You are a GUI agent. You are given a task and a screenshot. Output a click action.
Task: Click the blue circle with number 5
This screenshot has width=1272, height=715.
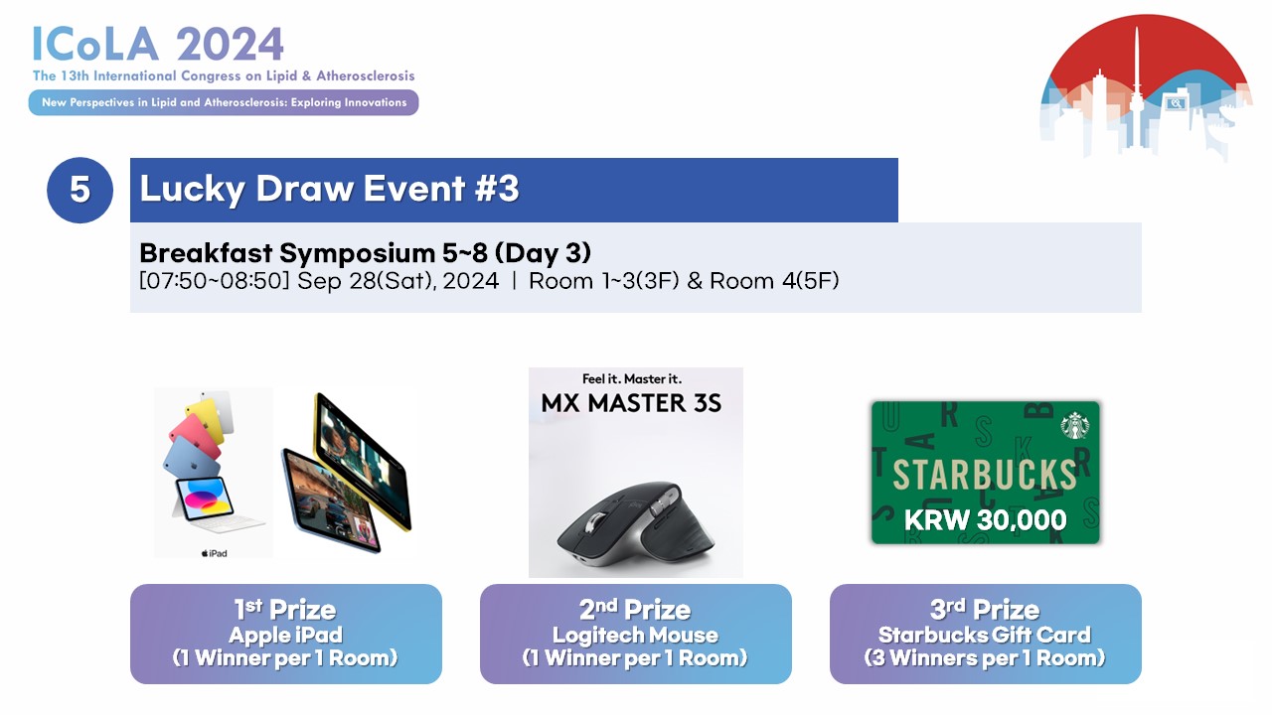click(79, 190)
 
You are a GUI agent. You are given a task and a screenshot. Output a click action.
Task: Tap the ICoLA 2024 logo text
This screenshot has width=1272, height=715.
click(158, 45)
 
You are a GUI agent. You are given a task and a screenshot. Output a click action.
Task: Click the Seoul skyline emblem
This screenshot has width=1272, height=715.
click(1146, 86)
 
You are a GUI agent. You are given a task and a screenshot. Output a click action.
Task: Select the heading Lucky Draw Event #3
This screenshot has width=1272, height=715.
click(329, 189)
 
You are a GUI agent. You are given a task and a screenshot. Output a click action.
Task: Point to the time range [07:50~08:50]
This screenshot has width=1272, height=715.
click(214, 281)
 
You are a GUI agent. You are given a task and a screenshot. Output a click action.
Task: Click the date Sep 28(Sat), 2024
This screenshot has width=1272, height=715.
click(398, 281)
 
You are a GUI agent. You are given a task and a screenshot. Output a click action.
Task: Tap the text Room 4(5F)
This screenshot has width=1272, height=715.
click(774, 281)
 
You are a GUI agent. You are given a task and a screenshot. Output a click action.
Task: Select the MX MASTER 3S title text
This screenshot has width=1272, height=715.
click(631, 403)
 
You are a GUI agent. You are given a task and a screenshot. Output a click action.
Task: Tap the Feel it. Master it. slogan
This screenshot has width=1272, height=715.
click(631, 378)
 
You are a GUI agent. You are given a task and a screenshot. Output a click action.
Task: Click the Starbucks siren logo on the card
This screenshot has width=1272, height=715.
click(1075, 426)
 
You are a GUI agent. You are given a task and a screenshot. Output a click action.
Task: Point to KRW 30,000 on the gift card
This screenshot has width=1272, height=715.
click(985, 519)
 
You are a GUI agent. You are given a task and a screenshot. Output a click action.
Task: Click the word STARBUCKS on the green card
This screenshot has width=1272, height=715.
click(985, 475)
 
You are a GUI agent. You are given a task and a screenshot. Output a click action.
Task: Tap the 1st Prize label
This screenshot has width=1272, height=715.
click(285, 610)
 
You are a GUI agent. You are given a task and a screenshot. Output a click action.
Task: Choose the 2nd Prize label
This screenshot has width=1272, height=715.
click(635, 610)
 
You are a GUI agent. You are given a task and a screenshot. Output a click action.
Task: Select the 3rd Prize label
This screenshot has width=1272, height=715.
click(985, 610)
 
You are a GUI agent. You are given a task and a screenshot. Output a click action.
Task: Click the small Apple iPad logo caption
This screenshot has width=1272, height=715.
click(214, 553)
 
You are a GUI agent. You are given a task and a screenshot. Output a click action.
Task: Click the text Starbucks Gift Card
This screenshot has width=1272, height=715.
click(985, 635)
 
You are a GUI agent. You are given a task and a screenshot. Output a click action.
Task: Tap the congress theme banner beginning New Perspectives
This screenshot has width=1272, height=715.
click(224, 102)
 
